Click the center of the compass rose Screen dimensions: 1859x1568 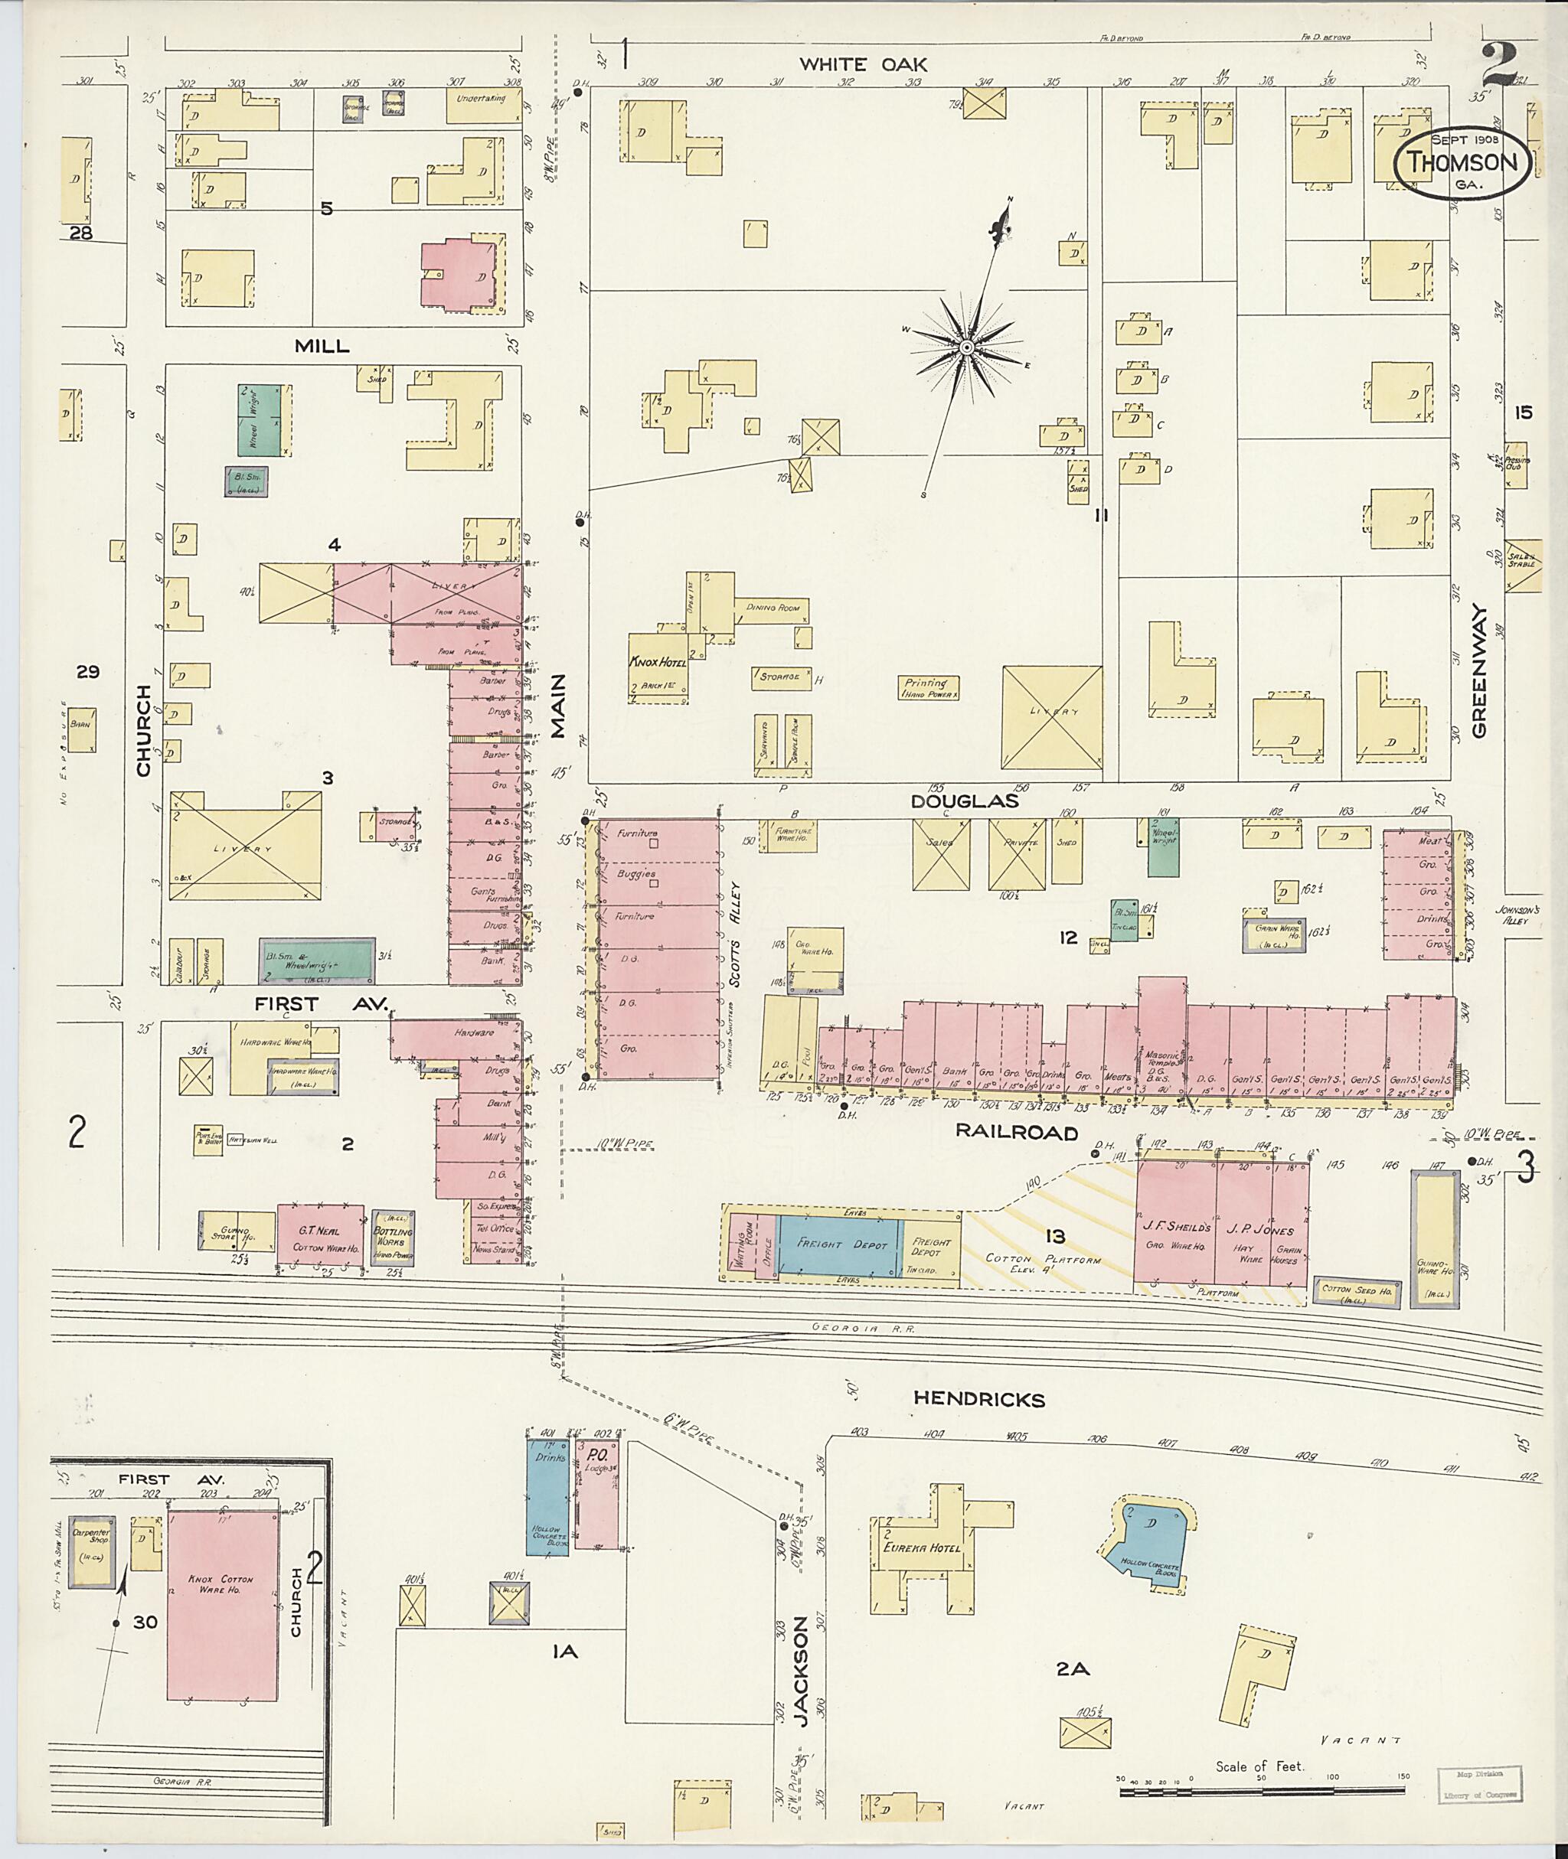[966, 347]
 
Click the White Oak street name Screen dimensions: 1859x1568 [862, 64]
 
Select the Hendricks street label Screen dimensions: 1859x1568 [978, 1399]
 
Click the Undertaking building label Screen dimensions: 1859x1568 [481, 99]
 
